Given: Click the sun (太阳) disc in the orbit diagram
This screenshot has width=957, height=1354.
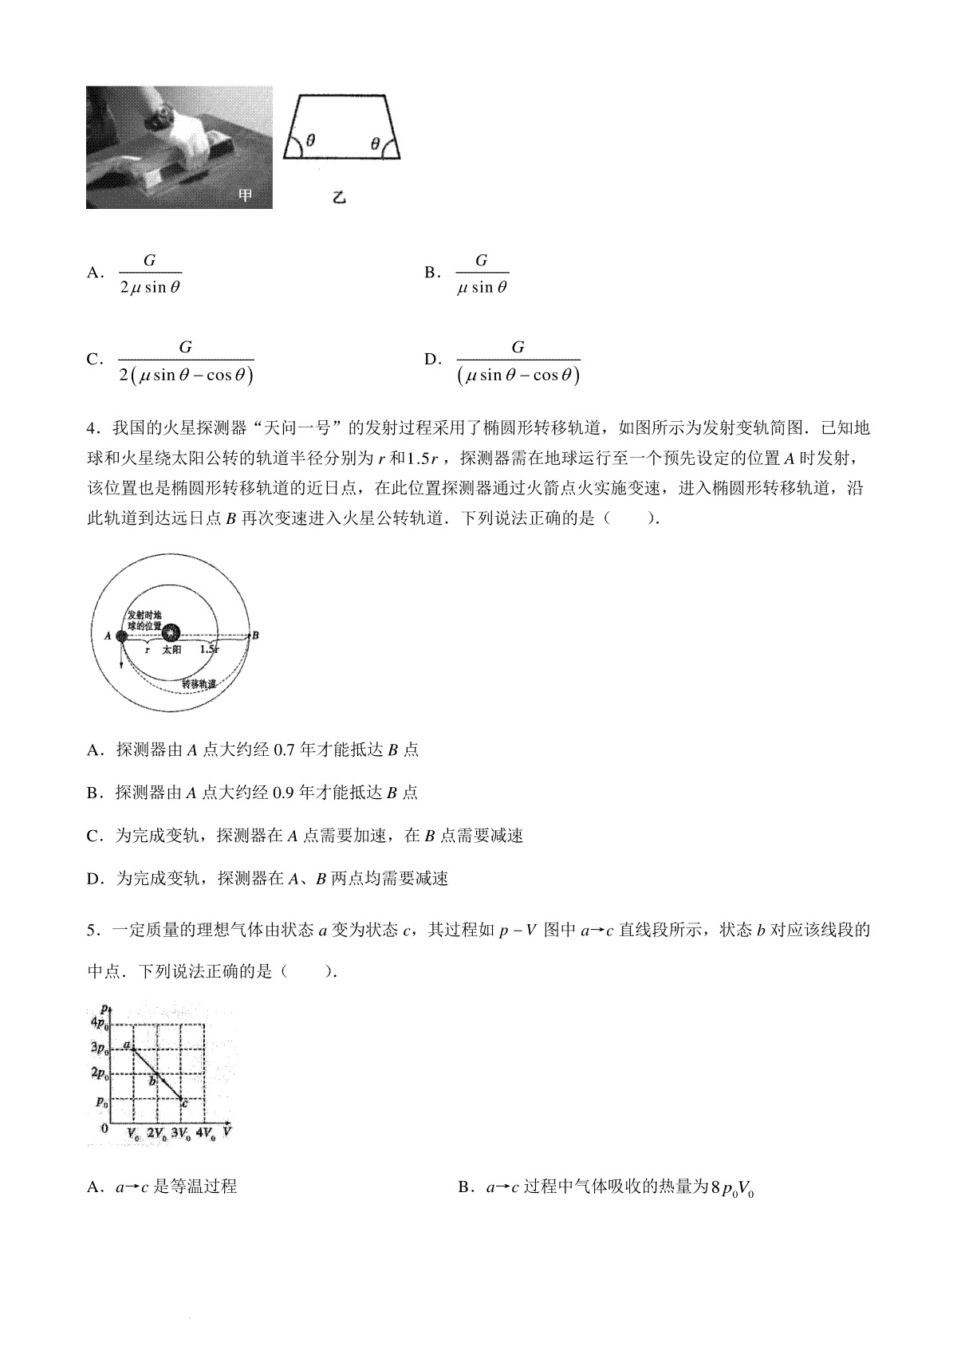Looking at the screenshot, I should (171, 633).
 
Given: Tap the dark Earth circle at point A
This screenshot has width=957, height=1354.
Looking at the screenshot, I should (121, 636).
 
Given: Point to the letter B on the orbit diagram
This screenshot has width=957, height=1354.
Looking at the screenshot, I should (255, 636).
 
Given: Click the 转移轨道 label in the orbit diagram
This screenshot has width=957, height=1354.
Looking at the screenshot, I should (199, 684).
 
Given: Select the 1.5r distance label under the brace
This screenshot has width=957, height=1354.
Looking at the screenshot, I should (209, 650).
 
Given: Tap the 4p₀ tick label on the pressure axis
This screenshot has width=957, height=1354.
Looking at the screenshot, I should (100, 1023).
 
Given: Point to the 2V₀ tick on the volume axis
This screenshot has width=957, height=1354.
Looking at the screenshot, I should (157, 1133).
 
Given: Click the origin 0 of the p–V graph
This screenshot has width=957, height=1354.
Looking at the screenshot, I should (104, 1128).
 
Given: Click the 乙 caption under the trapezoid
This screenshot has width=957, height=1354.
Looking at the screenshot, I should (339, 196).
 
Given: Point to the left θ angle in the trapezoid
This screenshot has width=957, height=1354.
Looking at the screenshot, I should (310, 140).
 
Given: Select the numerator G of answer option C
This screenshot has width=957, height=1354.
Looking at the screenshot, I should (185, 347).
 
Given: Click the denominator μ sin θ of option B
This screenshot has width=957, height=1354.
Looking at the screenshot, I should (482, 288).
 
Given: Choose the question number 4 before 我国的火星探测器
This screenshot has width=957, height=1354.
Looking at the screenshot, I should (91, 428).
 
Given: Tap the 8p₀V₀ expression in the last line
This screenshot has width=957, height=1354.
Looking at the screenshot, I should (732, 1187).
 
